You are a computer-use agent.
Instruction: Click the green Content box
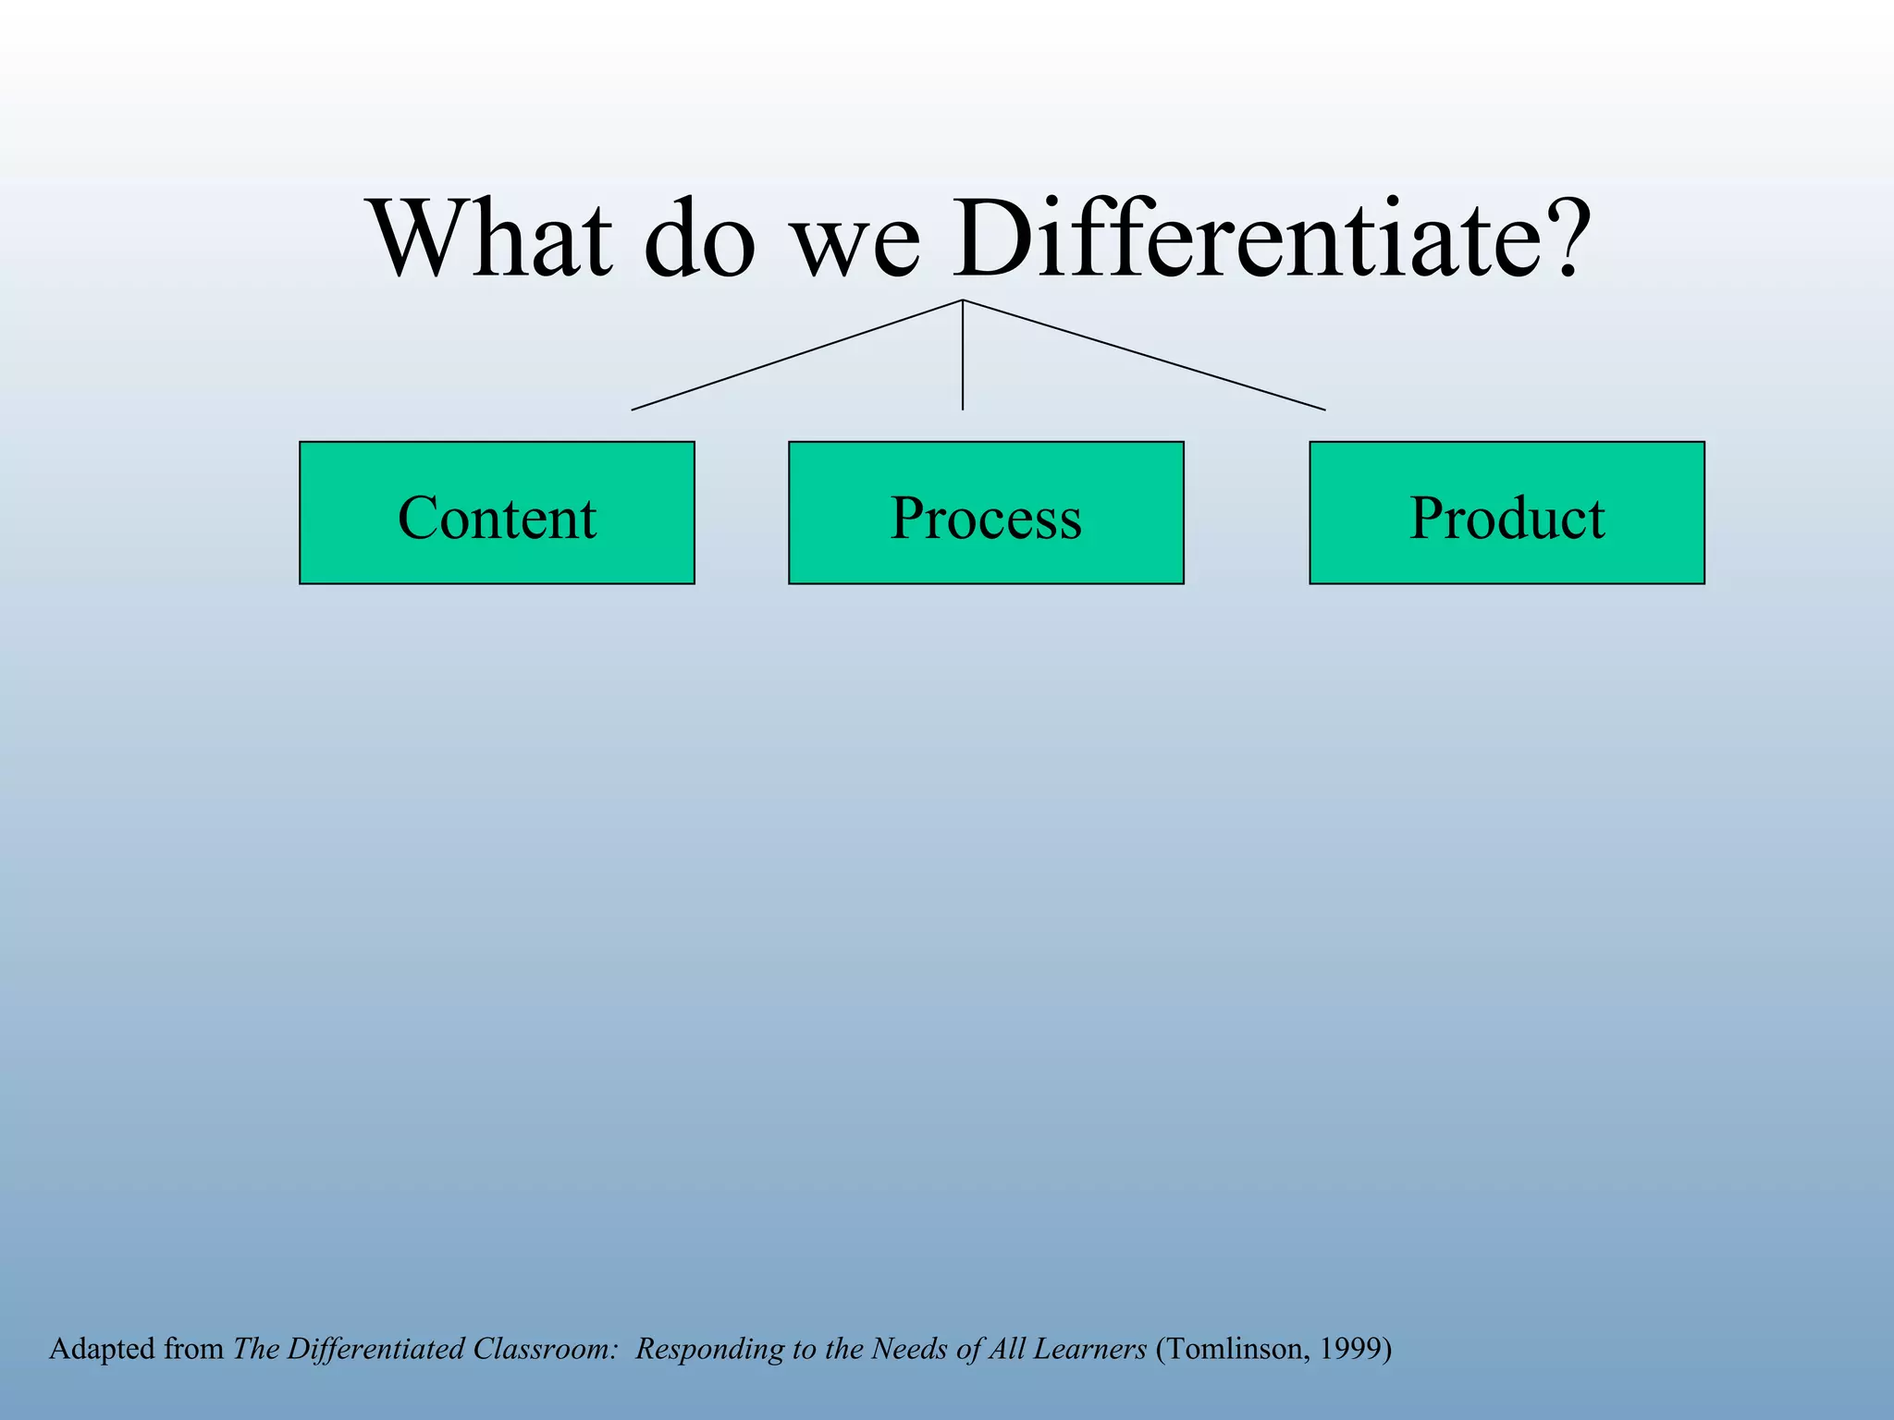pyautogui.click(x=497, y=513)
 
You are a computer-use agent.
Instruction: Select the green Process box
pyautogui.click(x=986, y=513)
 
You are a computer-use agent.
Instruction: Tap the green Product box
pyautogui.click(x=1507, y=513)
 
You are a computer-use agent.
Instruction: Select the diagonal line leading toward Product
pyautogui.click(x=1145, y=355)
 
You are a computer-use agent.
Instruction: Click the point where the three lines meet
pyautogui.click(x=963, y=300)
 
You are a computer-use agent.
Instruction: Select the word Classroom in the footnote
pyautogui.click(x=544, y=1349)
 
